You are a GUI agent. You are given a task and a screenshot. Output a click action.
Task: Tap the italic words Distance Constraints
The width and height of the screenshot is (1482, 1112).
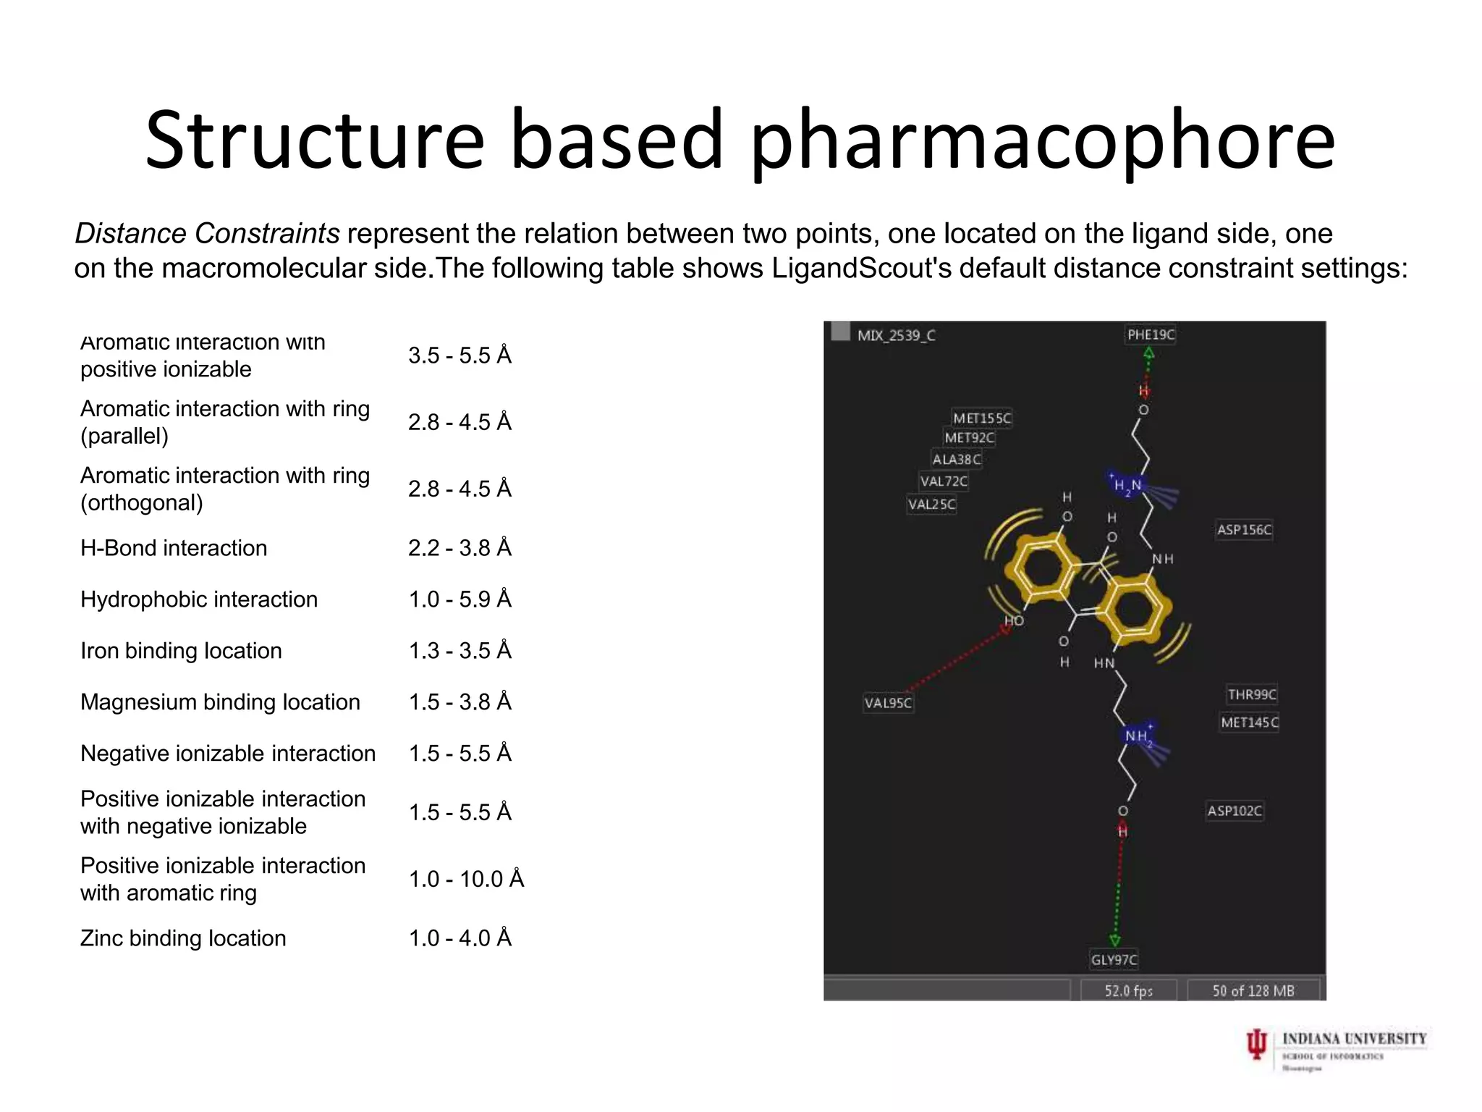(207, 234)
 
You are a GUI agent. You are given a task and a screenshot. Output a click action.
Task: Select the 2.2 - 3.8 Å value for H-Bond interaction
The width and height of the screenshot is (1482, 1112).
(460, 548)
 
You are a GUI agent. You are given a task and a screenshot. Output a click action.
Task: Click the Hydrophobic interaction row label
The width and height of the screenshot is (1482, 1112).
(199, 599)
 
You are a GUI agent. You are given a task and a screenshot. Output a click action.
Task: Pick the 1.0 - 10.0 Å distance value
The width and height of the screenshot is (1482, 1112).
(466, 879)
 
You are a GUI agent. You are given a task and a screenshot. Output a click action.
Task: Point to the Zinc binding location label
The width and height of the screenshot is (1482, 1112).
(183, 938)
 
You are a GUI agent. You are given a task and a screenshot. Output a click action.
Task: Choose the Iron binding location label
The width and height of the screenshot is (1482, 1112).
(181, 651)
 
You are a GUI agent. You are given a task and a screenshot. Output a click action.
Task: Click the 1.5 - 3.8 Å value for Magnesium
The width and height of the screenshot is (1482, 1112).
(460, 702)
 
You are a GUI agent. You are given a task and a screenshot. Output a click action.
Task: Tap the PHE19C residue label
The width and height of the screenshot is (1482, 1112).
(1151, 334)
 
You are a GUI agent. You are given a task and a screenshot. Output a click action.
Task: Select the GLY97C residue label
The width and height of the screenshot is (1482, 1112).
(1114, 960)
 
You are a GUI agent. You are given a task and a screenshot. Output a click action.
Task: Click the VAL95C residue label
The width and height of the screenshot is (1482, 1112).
(888, 703)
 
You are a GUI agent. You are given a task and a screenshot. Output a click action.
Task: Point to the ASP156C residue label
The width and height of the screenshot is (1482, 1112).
(1244, 530)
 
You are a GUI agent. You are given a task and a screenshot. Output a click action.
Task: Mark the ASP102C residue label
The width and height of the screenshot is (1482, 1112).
(1235, 811)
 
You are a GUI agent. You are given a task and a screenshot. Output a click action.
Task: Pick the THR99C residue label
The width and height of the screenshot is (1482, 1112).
(1252, 695)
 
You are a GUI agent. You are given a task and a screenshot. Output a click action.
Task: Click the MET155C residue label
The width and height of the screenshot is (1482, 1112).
(982, 418)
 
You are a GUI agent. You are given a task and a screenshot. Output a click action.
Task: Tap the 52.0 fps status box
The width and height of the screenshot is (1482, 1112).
(1128, 990)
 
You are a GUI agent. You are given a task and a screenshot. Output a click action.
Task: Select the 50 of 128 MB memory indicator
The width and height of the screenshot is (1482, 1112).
(1253, 990)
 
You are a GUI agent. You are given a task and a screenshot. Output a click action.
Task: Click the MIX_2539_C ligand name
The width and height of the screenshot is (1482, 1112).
(896, 335)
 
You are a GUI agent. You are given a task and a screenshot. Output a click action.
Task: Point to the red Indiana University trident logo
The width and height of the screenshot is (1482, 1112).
(1257, 1045)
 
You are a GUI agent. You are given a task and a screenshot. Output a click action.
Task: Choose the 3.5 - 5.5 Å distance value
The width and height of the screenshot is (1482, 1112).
(460, 355)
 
